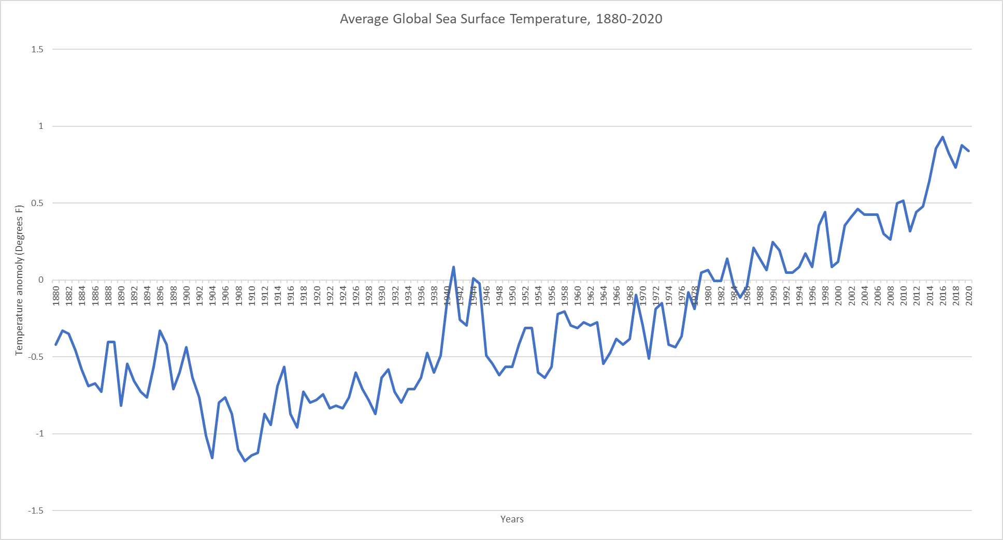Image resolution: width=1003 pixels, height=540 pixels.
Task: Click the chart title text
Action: tap(501, 19)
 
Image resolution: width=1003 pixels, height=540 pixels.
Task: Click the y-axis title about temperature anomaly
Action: tap(20, 280)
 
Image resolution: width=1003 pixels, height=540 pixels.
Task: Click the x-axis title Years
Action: tap(512, 519)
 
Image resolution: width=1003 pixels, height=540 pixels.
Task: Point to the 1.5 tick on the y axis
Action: tap(37, 50)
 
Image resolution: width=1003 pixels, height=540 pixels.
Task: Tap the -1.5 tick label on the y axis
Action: tap(36, 510)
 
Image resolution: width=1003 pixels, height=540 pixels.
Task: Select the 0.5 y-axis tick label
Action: tap(37, 203)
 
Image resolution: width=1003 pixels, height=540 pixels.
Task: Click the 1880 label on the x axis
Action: tap(56, 296)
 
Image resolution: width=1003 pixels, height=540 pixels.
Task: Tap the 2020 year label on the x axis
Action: tap(969, 296)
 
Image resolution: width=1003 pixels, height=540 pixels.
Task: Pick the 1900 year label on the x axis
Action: tap(187, 296)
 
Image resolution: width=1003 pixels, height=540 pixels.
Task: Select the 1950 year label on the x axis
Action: tap(512, 296)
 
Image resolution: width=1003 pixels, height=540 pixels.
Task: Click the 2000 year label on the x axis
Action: tap(838, 296)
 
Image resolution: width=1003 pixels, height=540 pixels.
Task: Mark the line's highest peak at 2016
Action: tap(942, 137)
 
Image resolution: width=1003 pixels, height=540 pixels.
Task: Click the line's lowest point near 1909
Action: tap(245, 461)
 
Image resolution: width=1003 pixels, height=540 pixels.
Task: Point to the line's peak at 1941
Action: tap(454, 267)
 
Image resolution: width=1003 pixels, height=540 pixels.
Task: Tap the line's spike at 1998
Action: tap(825, 212)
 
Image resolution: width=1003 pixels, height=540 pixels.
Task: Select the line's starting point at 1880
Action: tap(56, 344)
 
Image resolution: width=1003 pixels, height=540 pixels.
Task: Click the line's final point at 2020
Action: tap(969, 151)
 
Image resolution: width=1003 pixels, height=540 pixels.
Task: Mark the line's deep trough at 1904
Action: tap(212, 458)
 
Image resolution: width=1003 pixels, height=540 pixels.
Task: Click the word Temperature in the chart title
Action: tap(549, 19)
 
